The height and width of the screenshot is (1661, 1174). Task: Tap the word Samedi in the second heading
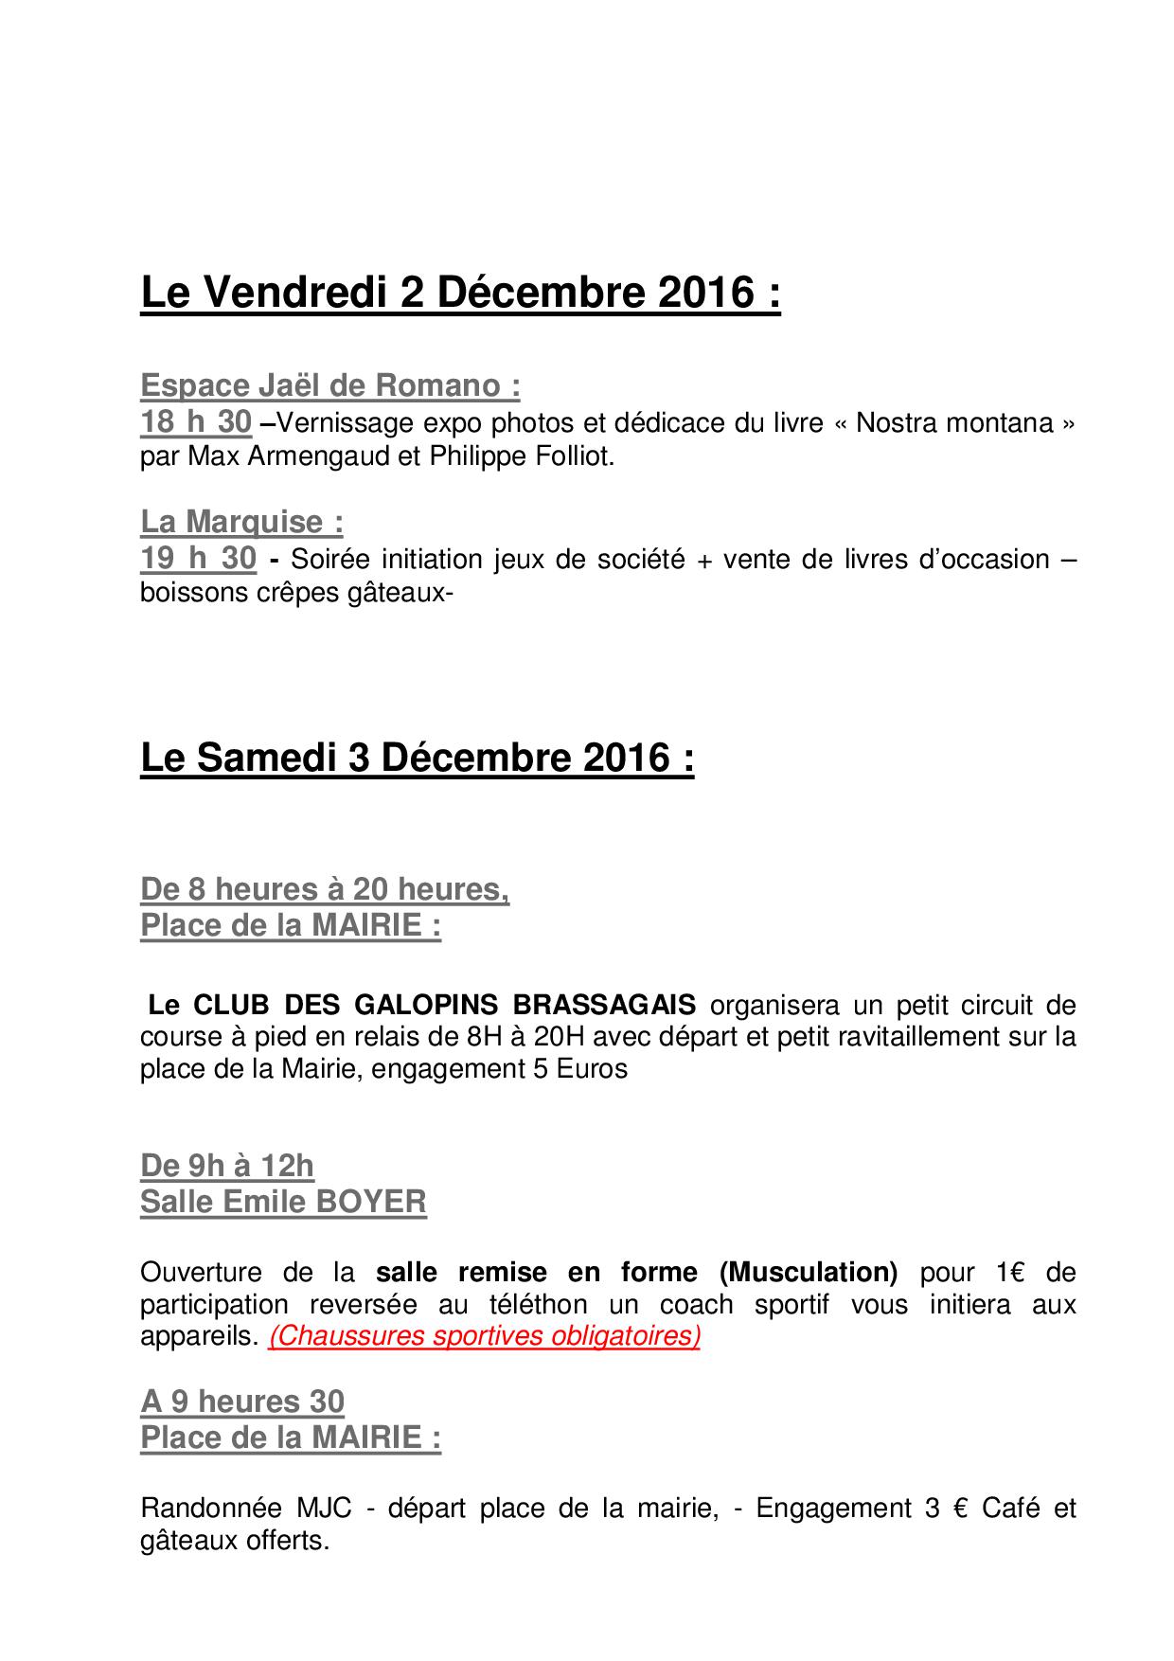pyautogui.click(x=276, y=758)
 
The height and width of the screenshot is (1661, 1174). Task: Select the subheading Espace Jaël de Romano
pyautogui.click(x=329, y=385)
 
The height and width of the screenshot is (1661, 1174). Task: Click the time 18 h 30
pyautogui.click(x=196, y=422)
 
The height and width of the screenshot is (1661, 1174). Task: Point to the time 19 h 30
pyautogui.click(x=198, y=559)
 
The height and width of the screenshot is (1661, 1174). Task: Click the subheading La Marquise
pyautogui.click(x=241, y=522)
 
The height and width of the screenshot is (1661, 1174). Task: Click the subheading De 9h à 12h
pyautogui.click(x=227, y=1166)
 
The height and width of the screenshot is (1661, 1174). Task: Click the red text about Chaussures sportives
pyautogui.click(x=484, y=1336)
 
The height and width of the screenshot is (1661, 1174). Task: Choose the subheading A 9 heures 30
pyautogui.click(x=242, y=1402)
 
